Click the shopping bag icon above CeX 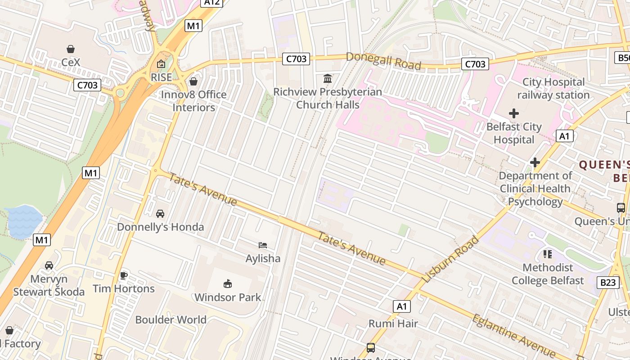point(70,49)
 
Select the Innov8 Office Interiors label point(194,101)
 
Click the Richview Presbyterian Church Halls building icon point(328,79)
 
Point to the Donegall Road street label point(383,61)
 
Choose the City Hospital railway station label point(553,89)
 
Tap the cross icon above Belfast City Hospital point(513,113)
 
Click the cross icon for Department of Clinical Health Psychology point(535,162)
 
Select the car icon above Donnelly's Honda point(160,213)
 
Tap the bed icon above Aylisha point(263,245)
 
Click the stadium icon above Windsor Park point(228,283)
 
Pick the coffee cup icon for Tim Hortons point(124,275)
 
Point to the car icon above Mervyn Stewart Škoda point(49,265)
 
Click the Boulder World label point(171,320)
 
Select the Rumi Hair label point(393,324)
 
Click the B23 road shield point(607,283)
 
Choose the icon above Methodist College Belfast point(548,254)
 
